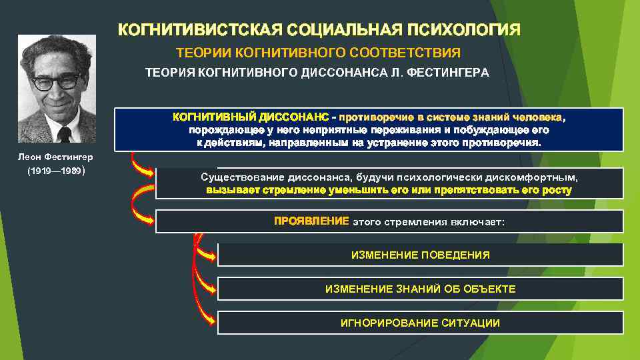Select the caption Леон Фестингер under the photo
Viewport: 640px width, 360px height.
coord(55,157)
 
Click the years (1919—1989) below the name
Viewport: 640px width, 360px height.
coord(55,171)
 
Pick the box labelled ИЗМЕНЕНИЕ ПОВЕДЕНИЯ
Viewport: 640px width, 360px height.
coord(420,255)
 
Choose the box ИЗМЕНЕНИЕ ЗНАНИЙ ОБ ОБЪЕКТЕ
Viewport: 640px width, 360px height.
coord(420,289)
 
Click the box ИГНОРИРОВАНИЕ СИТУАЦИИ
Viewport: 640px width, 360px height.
coord(420,323)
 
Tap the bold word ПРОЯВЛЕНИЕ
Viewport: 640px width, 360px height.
coord(311,221)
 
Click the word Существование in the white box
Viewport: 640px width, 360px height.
coord(242,178)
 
